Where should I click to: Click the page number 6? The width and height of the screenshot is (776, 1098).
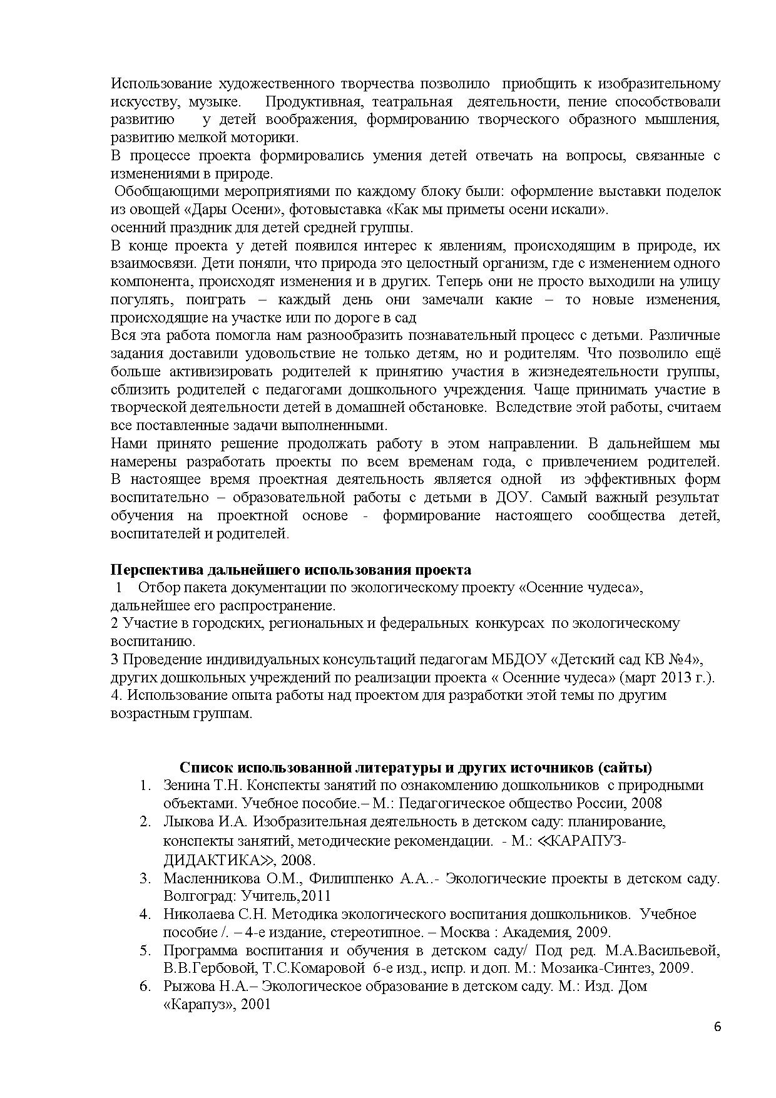[x=717, y=1027]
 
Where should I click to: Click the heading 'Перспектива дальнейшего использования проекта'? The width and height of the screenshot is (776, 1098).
[x=291, y=570]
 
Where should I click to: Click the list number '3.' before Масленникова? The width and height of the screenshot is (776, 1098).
[x=145, y=878]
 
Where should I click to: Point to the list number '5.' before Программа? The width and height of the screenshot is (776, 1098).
[x=145, y=951]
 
